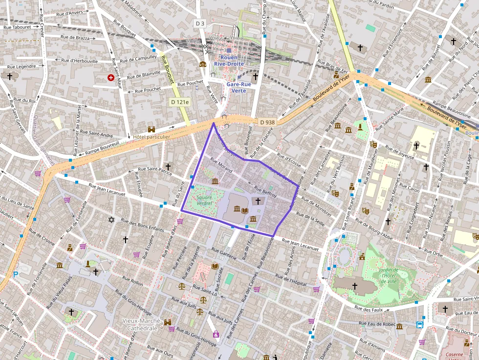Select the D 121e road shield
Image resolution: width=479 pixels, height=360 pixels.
coord(180,102)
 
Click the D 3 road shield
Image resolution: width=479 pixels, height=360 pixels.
coord(200,23)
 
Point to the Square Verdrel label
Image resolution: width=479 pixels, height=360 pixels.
coord(204,200)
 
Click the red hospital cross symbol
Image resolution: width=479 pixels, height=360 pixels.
coord(111,78)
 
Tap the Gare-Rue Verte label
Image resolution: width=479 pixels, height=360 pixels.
coord(239,87)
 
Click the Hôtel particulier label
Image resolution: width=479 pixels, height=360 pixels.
coord(152,137)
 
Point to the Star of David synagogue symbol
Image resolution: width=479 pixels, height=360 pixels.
coord(111,221)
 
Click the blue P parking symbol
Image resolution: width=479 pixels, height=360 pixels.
coord(15,275)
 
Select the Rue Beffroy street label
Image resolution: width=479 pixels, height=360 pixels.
coord(265,192)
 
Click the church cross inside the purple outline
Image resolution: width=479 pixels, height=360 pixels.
coord(258,201)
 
